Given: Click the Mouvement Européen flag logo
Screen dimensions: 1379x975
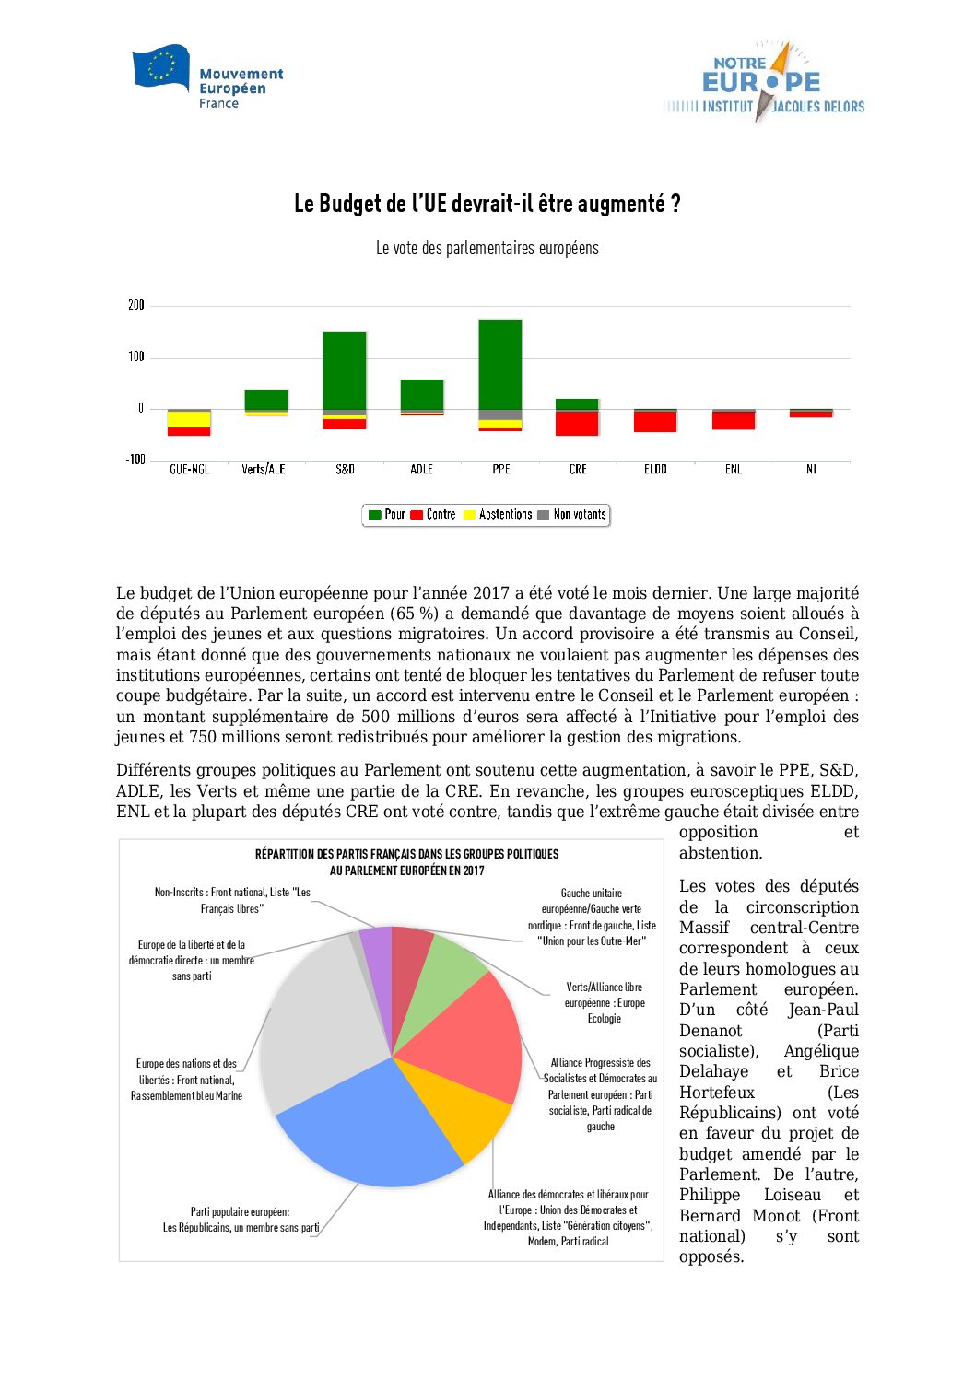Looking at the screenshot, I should [x=161, y=67].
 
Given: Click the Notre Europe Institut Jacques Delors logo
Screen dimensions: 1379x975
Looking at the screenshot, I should [x=764, y=83].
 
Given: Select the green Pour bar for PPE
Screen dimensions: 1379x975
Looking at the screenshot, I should [x=500, y=364].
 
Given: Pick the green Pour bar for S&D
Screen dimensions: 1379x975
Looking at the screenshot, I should [x=345, y=370].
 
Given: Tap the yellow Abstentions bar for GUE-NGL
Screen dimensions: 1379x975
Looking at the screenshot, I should [x=189, y=419].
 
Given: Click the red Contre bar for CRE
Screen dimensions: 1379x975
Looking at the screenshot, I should [x=578, y=423].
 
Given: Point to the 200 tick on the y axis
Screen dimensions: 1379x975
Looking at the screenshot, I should [x=136, y=305].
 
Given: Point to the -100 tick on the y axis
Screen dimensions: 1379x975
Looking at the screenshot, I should [x=135, y=460].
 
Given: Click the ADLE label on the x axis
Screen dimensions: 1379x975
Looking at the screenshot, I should [x=422, y=470].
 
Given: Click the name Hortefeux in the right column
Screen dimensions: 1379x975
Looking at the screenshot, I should [x=717, y=1093].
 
